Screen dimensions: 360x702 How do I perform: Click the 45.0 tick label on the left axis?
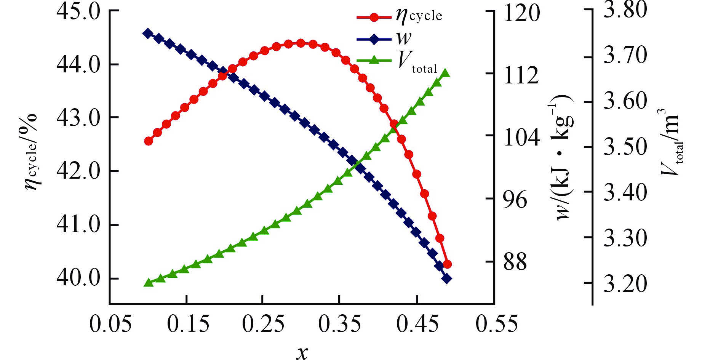click(x=78, y=11)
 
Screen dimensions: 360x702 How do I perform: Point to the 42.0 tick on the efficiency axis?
click(x=78, y=171)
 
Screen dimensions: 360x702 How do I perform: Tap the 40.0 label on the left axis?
click(x=78, y=278)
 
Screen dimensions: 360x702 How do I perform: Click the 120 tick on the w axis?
click(x=521, y=13)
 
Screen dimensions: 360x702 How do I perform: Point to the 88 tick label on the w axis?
click(x=515, y=262)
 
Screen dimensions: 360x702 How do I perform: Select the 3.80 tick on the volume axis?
click(x=625, y=10)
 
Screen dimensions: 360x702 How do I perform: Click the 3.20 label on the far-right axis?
click(x=625, y=284)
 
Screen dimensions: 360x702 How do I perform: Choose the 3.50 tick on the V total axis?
click(x=625, y=147)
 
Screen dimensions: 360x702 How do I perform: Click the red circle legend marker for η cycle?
click(x=374, y=17)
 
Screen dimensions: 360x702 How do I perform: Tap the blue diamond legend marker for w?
click(x=374, y=39)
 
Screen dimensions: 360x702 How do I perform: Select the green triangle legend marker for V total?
click(x=374, y=60)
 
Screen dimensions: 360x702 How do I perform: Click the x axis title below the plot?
click(x=302, y=352)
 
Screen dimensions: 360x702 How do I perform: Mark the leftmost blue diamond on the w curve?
click(x=147, y=33)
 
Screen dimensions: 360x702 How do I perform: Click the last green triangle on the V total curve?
click(x=445, y=74)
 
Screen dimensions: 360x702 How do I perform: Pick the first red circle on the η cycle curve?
click(x=149, y=141)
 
